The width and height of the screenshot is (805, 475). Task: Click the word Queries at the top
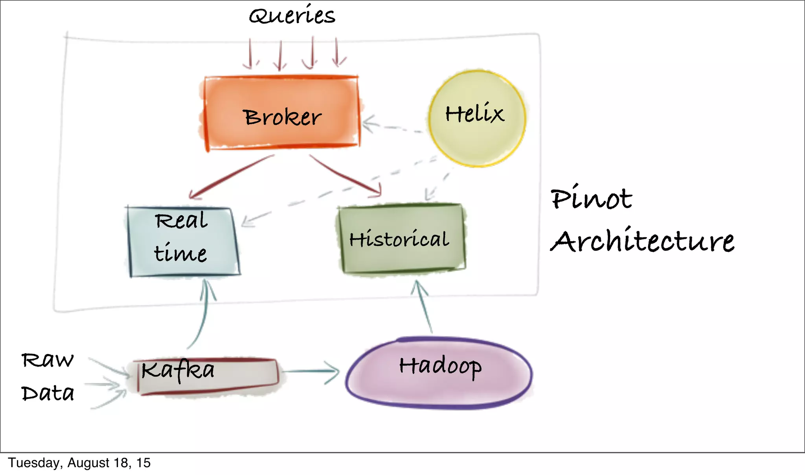292,16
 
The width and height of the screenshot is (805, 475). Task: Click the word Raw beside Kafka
47,360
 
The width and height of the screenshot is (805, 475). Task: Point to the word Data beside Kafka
48,393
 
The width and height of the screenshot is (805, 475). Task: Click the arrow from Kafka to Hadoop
311,371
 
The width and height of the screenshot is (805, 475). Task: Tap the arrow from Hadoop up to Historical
424,306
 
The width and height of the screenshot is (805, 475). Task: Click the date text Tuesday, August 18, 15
79,463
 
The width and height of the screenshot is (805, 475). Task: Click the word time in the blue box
180,253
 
